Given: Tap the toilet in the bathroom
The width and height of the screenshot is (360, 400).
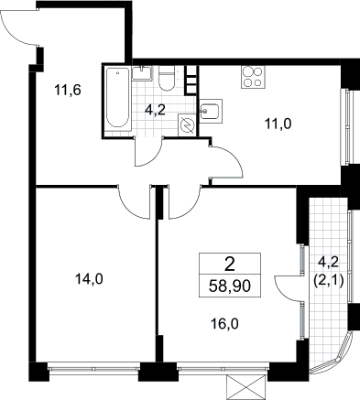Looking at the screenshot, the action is coord(167,78).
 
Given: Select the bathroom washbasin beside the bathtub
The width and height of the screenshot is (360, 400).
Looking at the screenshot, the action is coord(142,73).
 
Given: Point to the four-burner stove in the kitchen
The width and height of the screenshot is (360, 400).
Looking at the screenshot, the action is coord(253,77).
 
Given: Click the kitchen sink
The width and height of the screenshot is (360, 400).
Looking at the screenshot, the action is coord(211,112).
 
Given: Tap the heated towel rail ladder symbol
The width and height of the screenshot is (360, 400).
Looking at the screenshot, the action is coord(191,80).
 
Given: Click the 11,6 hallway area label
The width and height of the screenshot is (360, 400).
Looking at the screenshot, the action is coord(68,91).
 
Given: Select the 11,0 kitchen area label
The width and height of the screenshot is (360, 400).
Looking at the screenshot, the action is coord(278,124).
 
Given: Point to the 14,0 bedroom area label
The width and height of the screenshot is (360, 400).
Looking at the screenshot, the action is coord(89,279).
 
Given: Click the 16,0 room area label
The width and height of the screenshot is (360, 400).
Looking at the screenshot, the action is coord(224,324).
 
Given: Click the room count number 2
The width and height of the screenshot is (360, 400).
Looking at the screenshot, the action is coord(230,264).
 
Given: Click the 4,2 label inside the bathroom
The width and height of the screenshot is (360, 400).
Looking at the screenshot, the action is coord(155,110).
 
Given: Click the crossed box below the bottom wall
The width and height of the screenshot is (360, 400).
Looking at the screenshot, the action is coord(245,387).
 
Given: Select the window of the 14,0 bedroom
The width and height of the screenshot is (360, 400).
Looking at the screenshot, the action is coord(93,367).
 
